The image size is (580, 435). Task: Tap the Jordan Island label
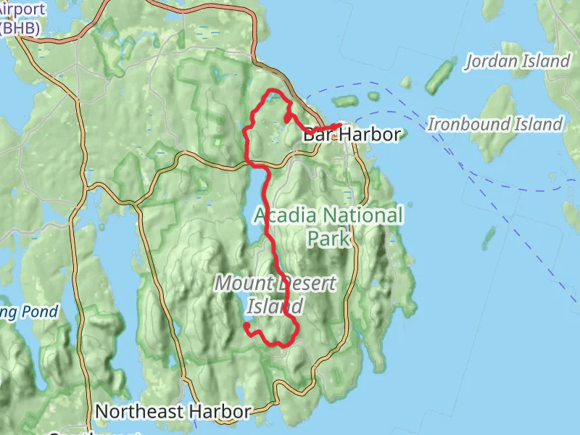(518, 61)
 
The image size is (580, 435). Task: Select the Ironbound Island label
(495, 124)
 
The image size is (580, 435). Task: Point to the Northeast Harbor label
(173, 412)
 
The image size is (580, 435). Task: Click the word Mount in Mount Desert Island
(241, 283)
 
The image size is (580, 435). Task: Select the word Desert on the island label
(305, 283)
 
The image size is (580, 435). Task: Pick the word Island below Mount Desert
(274, 306)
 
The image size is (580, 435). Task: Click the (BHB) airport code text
(20, 28)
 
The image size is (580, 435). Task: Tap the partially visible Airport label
(21, 10)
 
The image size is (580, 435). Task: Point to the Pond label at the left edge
(29, 312)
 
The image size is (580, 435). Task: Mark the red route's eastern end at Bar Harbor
(340, 125)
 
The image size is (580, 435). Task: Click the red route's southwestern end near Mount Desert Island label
(246, 326)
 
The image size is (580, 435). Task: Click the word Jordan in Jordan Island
(491, 61)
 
